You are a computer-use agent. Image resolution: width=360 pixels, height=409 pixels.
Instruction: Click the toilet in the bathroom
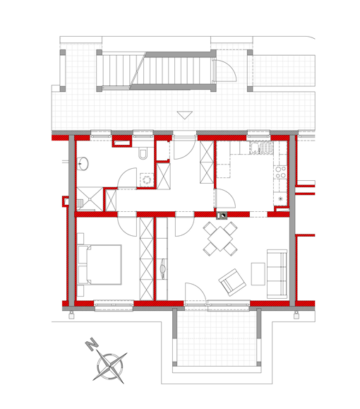point(143,153)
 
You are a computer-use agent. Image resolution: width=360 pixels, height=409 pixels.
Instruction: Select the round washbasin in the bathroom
point(83,164)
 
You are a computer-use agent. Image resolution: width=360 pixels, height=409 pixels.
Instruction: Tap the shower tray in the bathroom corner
point(90,198)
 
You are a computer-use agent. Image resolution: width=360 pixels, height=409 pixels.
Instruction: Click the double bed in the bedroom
point(100,264)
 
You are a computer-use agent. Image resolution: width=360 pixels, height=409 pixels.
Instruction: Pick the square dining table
point(220,239)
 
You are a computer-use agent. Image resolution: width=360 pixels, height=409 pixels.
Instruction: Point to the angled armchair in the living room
point(232,283)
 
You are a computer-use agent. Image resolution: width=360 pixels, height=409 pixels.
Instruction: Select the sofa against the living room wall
point(277,274)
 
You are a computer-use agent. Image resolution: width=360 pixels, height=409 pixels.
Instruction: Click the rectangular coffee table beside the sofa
point(258,273)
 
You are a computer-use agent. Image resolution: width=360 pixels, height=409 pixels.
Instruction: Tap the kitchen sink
point(261,148)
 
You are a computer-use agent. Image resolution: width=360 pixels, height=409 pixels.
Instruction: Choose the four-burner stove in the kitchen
point(281,172)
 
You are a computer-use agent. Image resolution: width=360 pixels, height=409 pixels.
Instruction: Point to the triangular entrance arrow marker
point(184,115)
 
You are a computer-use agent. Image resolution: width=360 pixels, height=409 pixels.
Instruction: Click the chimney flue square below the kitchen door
point(222,215)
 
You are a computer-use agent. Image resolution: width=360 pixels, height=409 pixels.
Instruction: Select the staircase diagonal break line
point(138,70)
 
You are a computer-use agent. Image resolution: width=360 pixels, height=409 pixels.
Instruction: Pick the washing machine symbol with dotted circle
point(147,179)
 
